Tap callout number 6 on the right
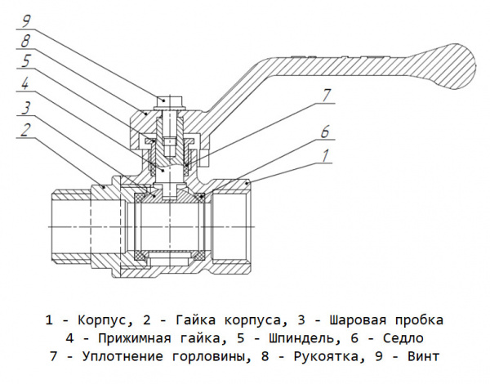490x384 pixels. click(x=325, y=132)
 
